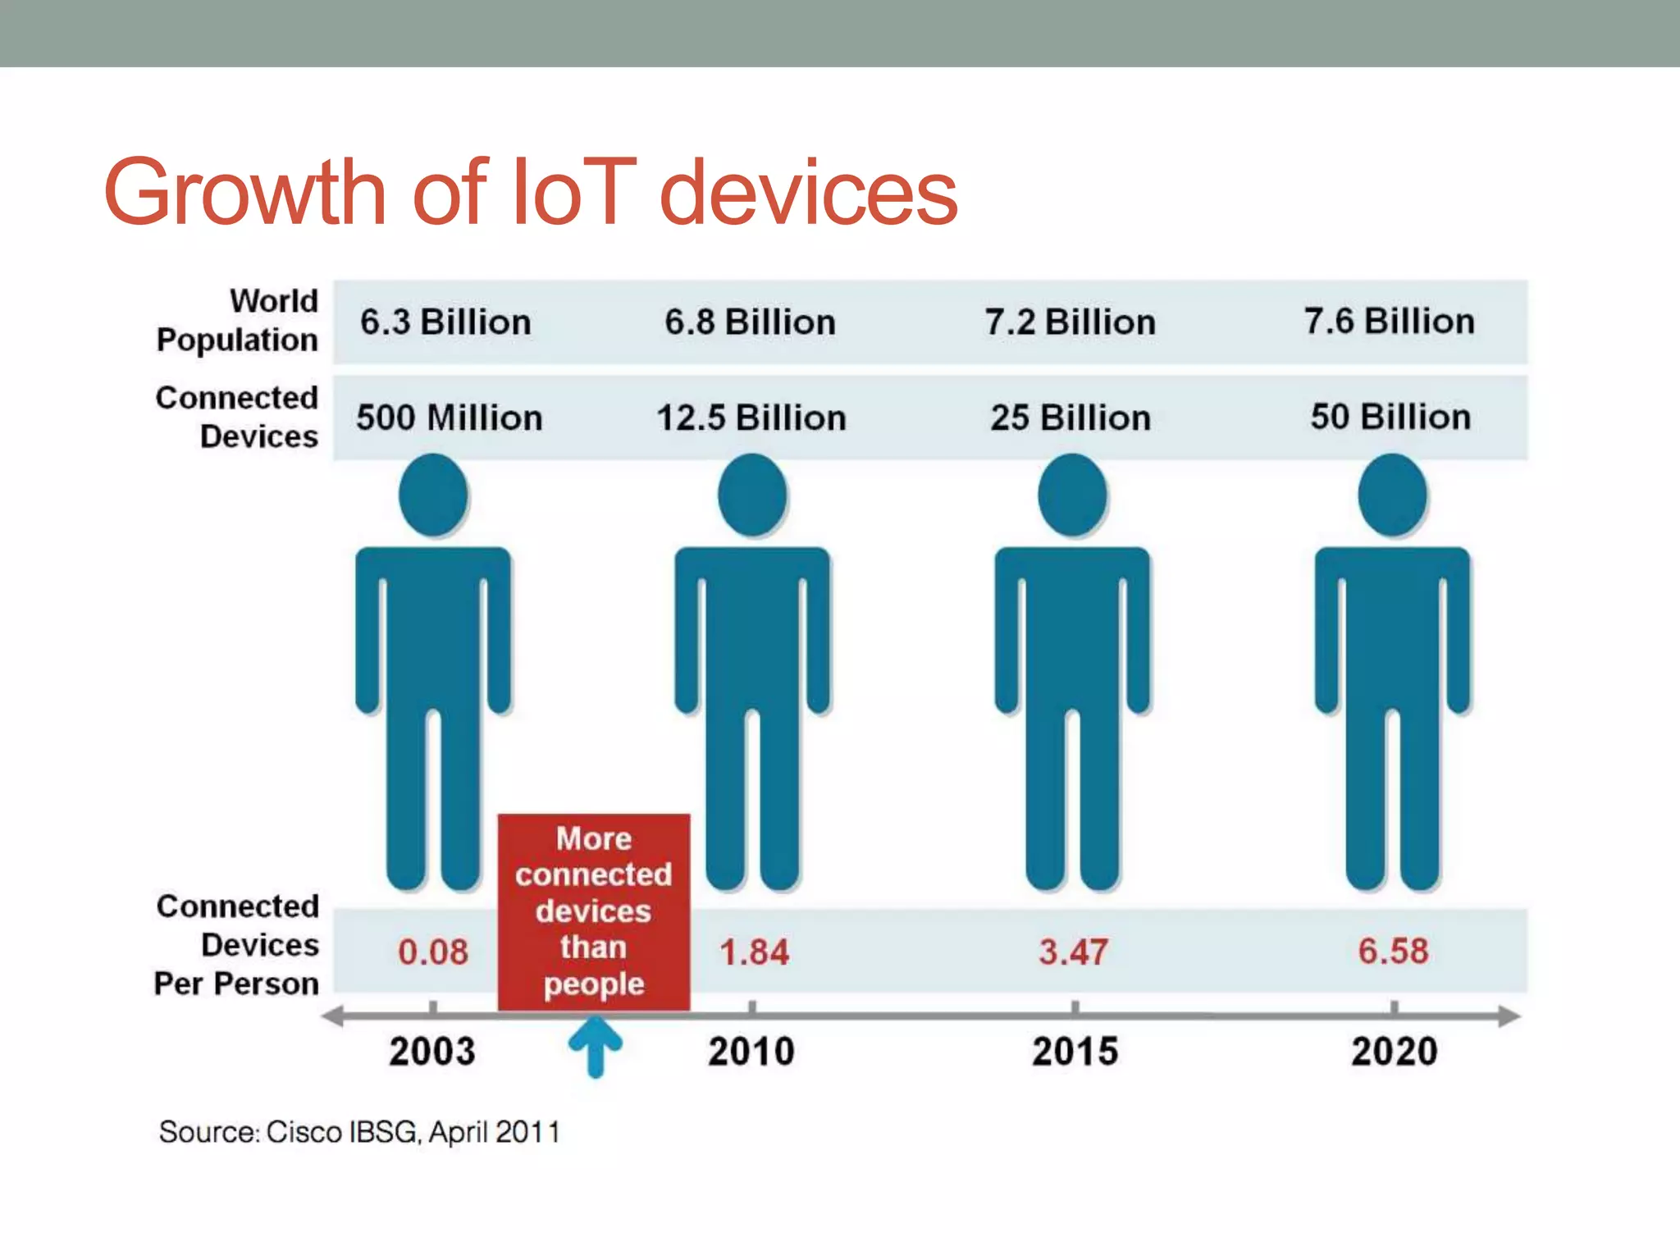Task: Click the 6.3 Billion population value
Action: [445, 322]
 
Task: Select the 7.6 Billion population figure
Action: [1390, 322]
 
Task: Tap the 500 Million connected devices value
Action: [449, 418]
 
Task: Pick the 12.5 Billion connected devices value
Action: [751, 418]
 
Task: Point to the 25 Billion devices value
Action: [1071, 418]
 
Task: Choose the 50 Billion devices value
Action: [1390, 417]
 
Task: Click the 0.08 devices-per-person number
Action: [433, 952]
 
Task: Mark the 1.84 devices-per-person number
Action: [754, 952]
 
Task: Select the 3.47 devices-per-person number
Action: [1073, 952]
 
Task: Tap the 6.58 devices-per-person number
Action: [1393, 951]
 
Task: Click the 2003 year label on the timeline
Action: [432, 1052]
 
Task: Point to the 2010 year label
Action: [751, 1052]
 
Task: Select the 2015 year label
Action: [1075, 1052]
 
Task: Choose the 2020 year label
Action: [1395, 1052]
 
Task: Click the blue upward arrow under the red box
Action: [596, 1045]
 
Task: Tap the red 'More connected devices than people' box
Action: [594, 911]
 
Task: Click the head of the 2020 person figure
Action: [1392, 495]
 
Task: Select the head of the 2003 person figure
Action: [433, 495]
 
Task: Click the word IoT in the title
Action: [573, 194]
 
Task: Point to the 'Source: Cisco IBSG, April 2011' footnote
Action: [359, 1132]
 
